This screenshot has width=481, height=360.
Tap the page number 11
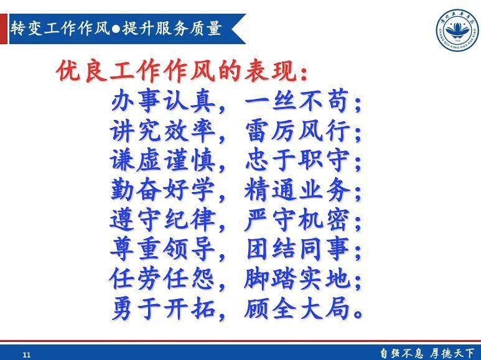(26, 354)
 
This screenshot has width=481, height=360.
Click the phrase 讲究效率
(162, 131)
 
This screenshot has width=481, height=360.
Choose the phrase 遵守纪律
(162, 219)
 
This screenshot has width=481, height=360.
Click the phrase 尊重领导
(162, 249)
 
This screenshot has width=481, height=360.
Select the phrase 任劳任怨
(162, 279)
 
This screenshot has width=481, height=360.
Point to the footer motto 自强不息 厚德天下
(427, 353)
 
